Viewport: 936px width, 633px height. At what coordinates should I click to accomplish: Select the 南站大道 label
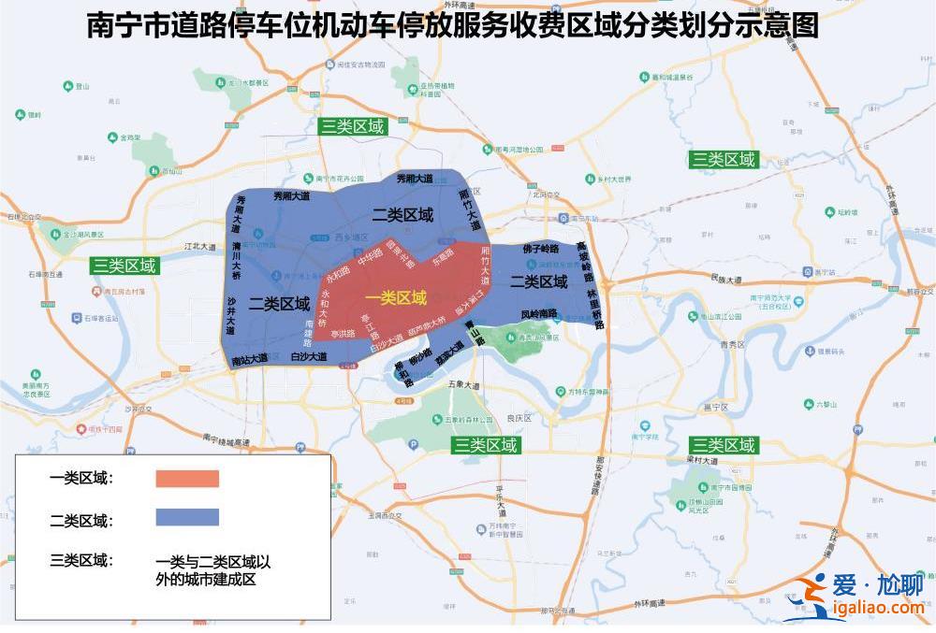coord(249,359)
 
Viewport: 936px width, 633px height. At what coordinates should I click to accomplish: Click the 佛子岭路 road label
coord(540,250)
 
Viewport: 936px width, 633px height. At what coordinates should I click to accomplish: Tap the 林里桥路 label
coord(594,309)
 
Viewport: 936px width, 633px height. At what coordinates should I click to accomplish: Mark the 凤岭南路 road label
coord(538,313)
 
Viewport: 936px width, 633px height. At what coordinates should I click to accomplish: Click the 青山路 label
coord(476,337)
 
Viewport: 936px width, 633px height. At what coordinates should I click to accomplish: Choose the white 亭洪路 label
coord(343,334)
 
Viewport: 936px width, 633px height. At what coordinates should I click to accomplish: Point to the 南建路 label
coord(309,333)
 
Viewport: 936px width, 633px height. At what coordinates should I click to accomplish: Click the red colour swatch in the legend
coord(187,479)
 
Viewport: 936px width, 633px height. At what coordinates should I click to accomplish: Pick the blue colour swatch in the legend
coord(187,517)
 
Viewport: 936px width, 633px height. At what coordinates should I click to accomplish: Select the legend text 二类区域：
coord(81,520)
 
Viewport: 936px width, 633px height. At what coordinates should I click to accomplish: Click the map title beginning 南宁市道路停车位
coord(452,25)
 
